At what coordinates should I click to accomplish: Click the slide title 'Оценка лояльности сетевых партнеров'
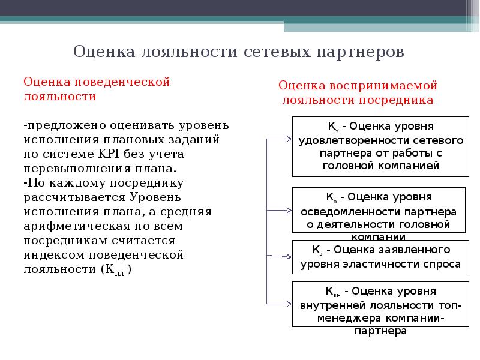click(x=239, y=52)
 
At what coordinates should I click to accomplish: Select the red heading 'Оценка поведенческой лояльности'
click(x=97, y=88)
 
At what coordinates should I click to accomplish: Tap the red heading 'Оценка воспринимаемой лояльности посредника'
click(x=358, y=92)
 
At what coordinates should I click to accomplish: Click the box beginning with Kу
click(x=380, y=146)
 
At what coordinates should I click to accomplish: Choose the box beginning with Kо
click(x=378, y=210)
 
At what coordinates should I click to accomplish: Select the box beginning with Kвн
click(x=380, y=304)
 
